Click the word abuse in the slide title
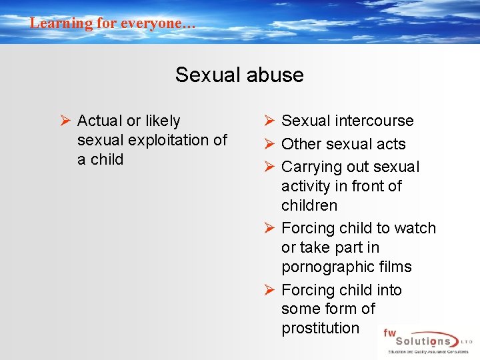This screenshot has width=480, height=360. tap(275, 75)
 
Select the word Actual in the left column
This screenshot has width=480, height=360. tap(99, 121)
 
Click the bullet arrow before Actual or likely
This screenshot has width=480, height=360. tap(65, 121)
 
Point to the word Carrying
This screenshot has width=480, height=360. tap(311, 167)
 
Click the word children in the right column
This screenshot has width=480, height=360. tap(309, 205)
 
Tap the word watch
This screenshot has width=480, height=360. tap(415, 228)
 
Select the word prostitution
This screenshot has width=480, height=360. tap(320, 328)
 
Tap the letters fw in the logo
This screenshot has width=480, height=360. tap(389, 333)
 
